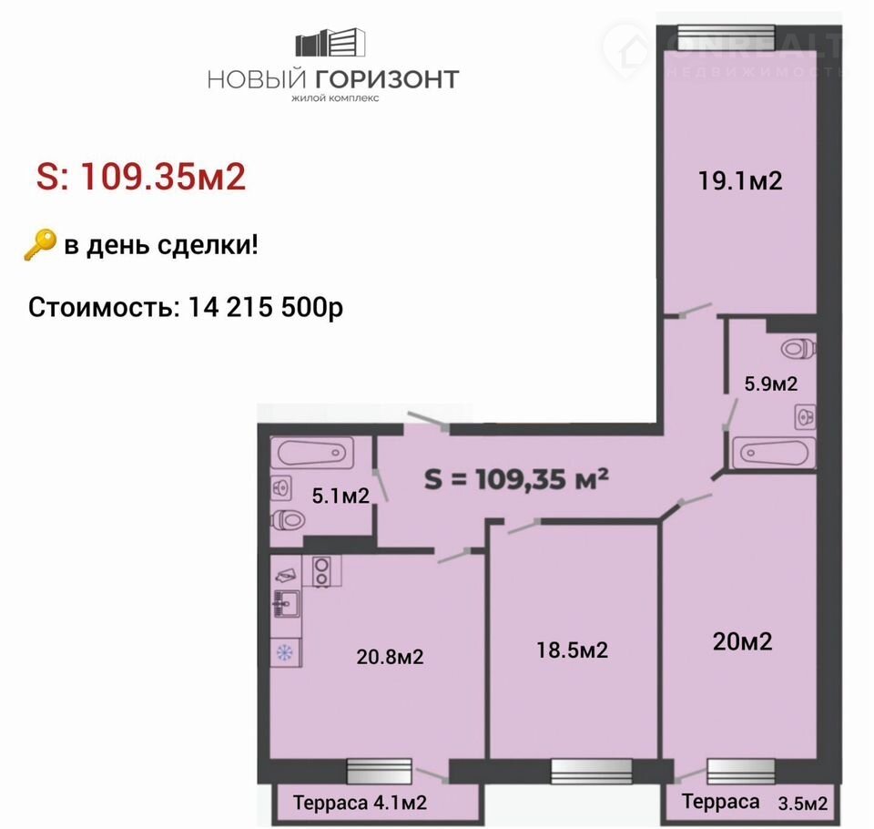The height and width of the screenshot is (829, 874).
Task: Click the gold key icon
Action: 40,245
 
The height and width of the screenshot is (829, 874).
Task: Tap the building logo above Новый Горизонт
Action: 330,42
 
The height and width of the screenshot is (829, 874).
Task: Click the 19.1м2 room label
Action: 740,180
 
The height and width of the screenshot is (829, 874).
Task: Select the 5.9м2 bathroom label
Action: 771,384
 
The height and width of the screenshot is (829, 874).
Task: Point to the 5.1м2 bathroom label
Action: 340,496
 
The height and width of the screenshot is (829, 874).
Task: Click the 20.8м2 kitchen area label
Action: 391,657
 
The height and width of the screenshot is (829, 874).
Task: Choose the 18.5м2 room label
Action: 572,650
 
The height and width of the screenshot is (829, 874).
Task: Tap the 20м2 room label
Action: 743,641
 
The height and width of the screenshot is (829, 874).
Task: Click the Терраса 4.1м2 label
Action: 361,803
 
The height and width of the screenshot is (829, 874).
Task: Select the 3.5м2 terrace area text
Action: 803,803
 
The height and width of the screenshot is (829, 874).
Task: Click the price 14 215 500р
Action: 265,307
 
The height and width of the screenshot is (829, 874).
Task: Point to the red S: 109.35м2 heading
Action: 141,177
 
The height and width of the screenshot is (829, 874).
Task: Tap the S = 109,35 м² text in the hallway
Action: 516,478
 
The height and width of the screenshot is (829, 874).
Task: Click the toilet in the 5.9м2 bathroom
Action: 798,349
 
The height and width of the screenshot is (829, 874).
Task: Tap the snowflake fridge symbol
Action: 285,652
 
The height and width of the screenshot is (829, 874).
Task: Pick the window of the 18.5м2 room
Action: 592,772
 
